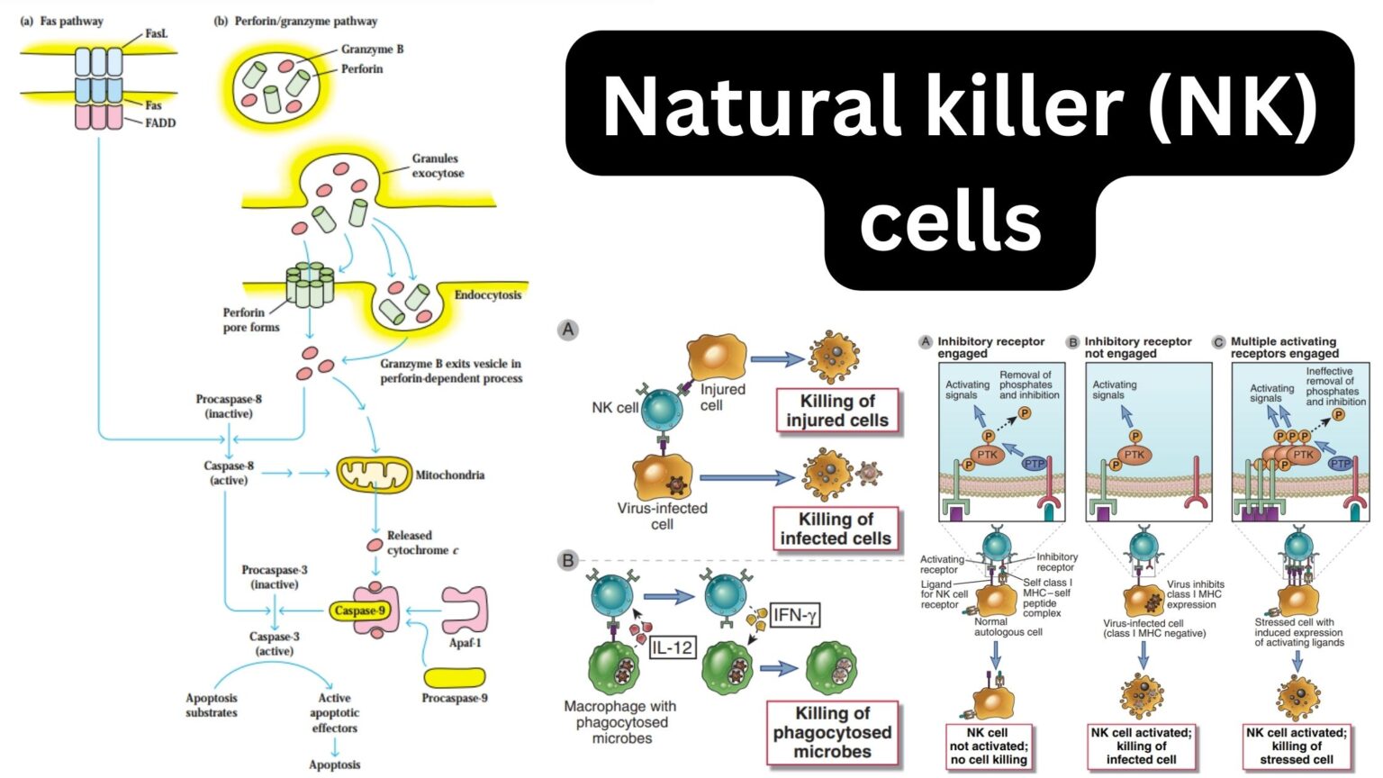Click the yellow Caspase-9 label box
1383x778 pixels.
(359, 611)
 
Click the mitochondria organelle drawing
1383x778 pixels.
(374, 475)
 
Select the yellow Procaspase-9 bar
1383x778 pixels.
(454, 677)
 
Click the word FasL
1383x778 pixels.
(157, 33)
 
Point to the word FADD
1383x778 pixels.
(160, 122)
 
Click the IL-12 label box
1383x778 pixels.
(672, 647)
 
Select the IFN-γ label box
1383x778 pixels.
(794, 615)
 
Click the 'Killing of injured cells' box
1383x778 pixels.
(837, 411)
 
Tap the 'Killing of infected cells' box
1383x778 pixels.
(836, 529)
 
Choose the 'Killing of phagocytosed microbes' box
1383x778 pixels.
(832, 732)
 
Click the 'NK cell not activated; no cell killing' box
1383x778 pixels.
(988, 746)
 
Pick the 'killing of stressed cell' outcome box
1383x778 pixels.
(1297, 746)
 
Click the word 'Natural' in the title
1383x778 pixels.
(752, 105)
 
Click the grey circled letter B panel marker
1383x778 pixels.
(568, 560)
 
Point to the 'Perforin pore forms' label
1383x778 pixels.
(251, 320)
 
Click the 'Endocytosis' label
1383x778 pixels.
(487, 294)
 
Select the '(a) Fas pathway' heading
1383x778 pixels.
(62, 21)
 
